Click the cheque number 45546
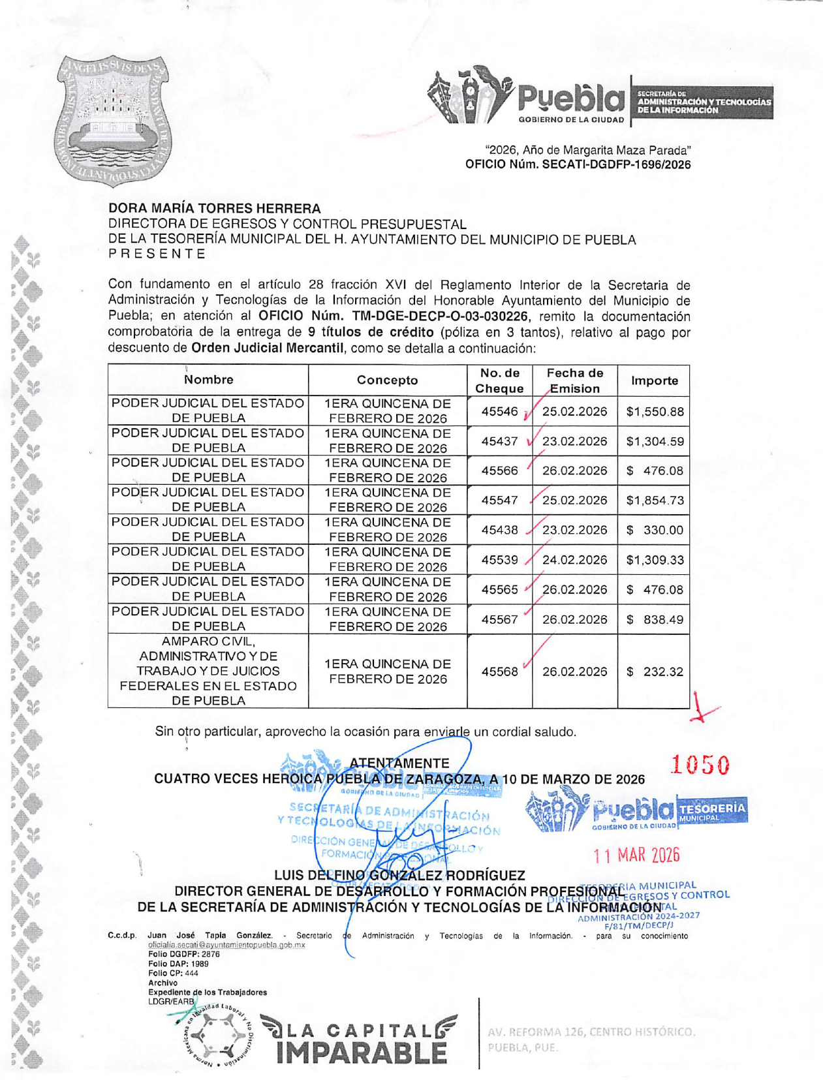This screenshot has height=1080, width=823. click(499, 412)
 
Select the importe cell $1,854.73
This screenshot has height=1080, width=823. click(655, 501)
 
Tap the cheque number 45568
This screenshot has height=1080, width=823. click(499, 671)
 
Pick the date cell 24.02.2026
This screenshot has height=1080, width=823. click(574, 560)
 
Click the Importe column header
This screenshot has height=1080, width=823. click(654, 380)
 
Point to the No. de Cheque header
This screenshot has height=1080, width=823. click(499, 380)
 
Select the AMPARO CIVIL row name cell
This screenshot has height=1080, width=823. click(208, 671)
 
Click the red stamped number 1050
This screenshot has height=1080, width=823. click(700, 765)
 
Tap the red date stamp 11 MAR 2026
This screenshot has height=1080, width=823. click(636, 855)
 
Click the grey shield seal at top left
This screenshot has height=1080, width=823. click(112, 120)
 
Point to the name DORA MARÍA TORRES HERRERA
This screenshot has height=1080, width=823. click(215, 209)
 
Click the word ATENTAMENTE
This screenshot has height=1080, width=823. click(399, 763)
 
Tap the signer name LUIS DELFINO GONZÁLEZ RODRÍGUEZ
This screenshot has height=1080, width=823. click(399, 875)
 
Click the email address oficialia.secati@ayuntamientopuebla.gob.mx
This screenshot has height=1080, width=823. click(226, 944)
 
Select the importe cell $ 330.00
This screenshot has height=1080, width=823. click(655, 531)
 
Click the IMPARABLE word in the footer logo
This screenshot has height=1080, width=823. click(362, 1052)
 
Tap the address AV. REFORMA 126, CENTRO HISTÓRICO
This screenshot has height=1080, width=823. click(591, 1032)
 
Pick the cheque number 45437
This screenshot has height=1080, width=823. click(499, 442)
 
